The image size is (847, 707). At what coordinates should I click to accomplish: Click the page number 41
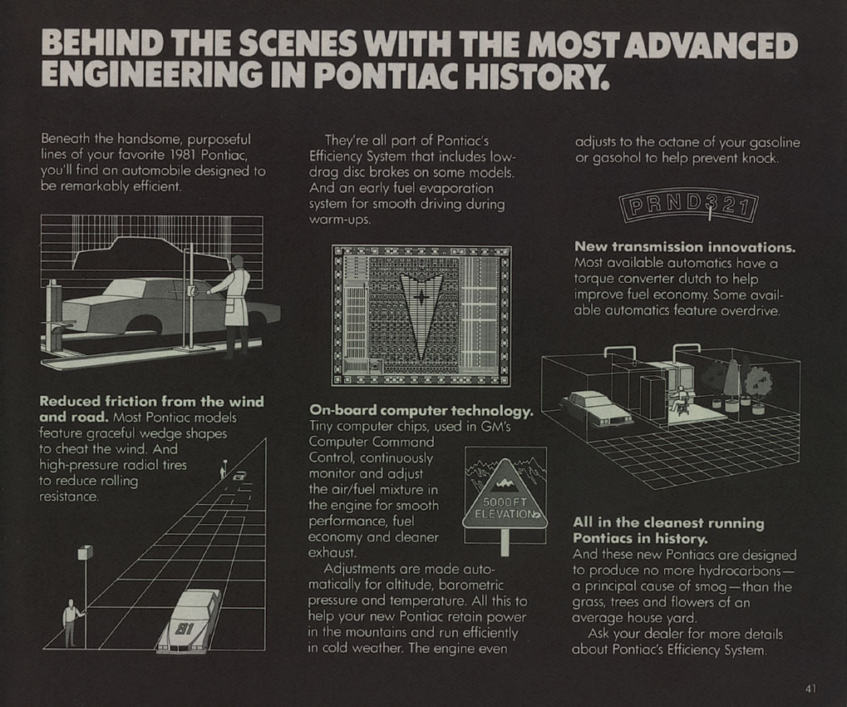(810, 689)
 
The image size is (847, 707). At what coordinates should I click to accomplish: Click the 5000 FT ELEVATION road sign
(505, 499)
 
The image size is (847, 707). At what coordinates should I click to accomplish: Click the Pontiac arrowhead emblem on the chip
(421, 315)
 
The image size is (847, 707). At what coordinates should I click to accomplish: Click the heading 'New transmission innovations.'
(685, 247)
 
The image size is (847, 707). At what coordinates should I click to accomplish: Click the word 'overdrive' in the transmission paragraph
(750, 311)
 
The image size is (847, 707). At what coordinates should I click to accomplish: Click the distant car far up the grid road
(239, 477)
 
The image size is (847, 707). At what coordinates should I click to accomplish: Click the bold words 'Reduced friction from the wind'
(152, 402)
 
